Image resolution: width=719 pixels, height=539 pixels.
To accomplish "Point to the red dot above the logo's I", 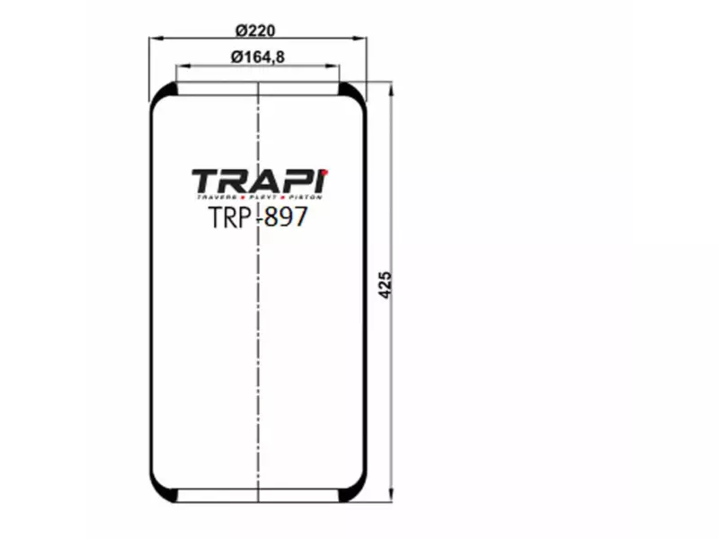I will [x=325, y=171].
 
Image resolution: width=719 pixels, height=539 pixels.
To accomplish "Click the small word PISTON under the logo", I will [x=305, y=197].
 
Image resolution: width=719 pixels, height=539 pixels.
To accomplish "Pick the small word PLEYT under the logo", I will [x=262, y=197].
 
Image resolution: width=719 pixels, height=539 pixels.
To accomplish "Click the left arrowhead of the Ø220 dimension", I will [x=154, y=39].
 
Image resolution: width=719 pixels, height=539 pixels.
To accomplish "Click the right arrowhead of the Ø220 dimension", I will [x=363, y=39].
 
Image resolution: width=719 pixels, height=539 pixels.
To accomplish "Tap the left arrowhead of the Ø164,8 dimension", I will [x=181, y=66].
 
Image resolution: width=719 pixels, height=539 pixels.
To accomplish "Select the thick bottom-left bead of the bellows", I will [x=164, y=493].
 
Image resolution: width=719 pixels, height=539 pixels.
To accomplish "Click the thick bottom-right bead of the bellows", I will [x=353, y=493].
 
